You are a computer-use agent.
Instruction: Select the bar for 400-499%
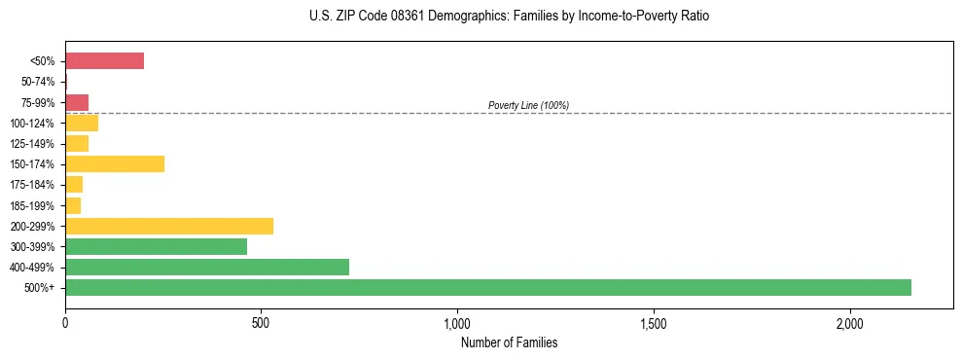click(207, 267)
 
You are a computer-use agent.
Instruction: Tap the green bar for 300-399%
click(156, 246)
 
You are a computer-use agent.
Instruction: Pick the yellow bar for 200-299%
click(169, 226)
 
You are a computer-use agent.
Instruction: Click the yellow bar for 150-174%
click(115, 164)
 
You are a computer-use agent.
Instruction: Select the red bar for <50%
click(104, 61)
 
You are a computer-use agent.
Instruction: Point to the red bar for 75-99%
click(77, 103)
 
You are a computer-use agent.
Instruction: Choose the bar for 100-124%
click(82, 124)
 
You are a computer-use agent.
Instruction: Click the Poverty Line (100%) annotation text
click(528, 105)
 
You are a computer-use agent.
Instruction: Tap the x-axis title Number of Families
click(509, 342)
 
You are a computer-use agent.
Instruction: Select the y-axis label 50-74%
click(39, 83)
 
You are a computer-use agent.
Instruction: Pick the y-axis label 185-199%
click(34, 205)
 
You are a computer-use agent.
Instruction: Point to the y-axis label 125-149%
click(34, 144)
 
